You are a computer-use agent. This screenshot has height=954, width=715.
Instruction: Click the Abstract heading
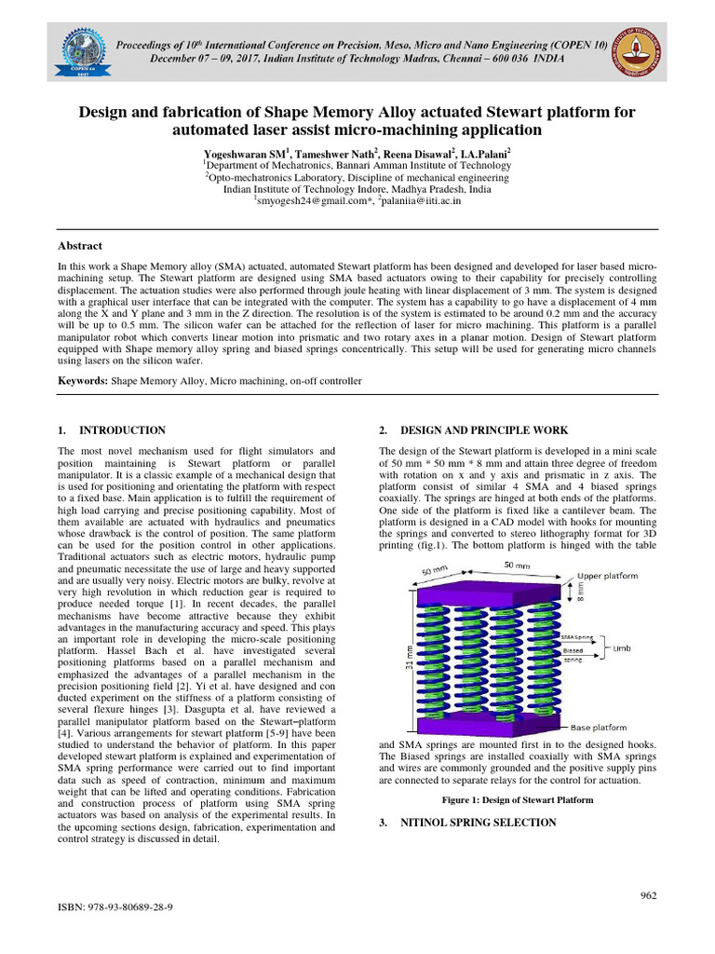pos(80,246)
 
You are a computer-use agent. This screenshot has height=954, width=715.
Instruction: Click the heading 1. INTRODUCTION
pos(112,430)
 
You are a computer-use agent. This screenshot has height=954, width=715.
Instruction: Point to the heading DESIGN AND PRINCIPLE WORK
pos(475,430)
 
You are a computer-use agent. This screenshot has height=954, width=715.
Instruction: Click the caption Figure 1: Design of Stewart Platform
pos(517,799)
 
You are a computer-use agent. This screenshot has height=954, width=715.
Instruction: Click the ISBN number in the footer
pos(116,906)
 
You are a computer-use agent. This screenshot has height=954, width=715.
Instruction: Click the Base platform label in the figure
pos(599,727)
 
